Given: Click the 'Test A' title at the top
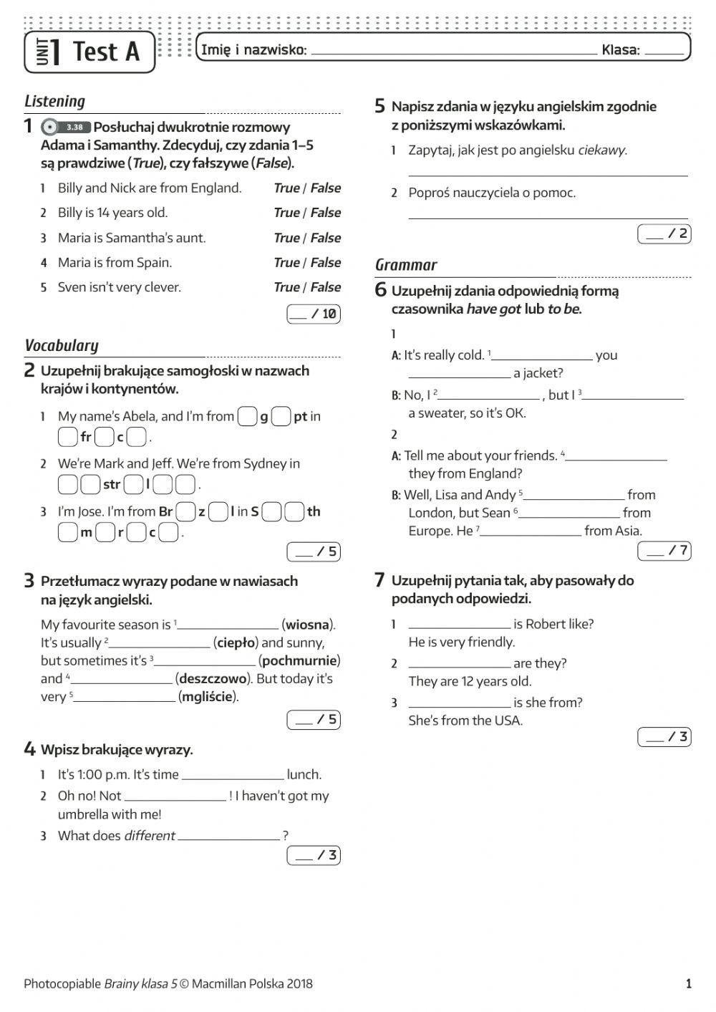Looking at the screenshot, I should tap(105, 52).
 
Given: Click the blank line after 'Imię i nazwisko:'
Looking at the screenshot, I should tap(454, 52).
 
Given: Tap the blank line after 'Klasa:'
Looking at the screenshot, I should tap(664, 52).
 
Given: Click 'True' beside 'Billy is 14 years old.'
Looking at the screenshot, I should tap(286, 213).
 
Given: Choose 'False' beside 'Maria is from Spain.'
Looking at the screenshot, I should tap(326, 263).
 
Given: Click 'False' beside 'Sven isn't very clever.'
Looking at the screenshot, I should tap(326, 287).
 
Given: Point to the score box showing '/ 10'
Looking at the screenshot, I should tap(314, 314).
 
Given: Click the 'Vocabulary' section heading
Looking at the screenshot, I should tap(62, 345).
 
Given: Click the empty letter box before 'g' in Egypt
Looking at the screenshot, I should tap(247, 416).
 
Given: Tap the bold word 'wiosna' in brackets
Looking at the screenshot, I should tap(308, 625).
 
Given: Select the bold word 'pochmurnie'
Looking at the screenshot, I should tap(299, 660).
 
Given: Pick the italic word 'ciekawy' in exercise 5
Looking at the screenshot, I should tap(601, 150).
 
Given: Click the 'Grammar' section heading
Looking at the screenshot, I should tap(406, 265).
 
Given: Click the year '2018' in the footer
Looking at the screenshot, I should tap(299, 983).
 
